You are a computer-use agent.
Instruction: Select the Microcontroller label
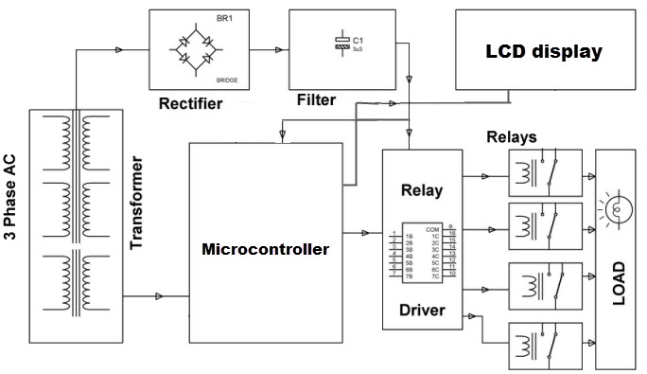pos(265,250)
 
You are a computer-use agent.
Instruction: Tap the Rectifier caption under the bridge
pos(191,103)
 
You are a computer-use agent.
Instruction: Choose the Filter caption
pos(316,99)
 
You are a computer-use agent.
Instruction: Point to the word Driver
pos(422,310)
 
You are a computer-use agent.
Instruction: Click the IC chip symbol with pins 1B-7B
pos(422,251)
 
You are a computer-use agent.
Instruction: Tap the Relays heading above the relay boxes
pos(511,136)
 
